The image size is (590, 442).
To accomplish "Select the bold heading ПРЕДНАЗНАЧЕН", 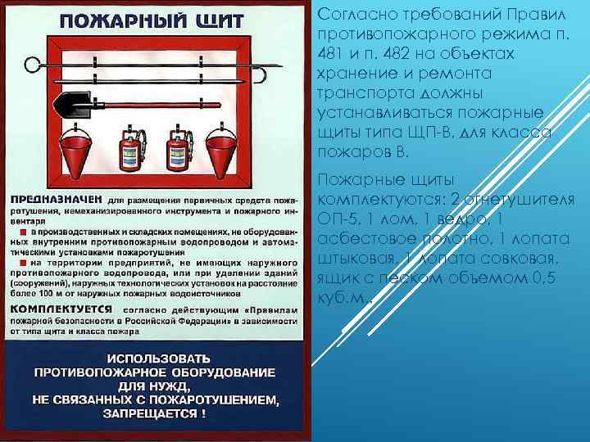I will coord(56,199).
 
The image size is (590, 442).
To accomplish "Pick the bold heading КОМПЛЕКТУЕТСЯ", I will coord(61,311).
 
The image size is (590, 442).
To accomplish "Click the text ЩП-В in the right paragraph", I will coord(428,133).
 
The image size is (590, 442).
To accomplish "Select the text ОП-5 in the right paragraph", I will coord(335,219).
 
